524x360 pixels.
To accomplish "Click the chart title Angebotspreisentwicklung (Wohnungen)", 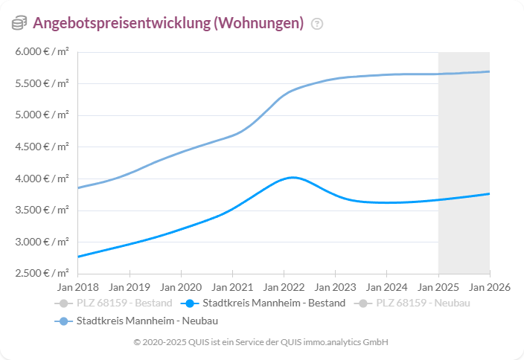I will (x=168, y=23).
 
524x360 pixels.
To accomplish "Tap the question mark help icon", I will (x=317, y=24).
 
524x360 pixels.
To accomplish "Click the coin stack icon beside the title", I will (x=19, y=24).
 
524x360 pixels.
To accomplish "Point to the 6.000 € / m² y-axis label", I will (x=42, y=51).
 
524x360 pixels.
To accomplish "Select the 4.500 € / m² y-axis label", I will (x=42, y=147).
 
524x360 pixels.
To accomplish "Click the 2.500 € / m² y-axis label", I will (x=42, y=273).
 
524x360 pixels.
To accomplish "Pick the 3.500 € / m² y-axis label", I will (x=42, y=210).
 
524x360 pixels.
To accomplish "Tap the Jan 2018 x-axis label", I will (x=78, y=286).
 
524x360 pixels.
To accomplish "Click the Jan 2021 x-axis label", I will (x=232, y=286).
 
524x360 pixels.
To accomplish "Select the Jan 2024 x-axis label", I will (x=386, y=286).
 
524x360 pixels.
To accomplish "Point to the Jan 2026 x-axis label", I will (x=489, y=286).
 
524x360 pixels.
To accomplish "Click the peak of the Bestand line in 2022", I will (x=292, y=177).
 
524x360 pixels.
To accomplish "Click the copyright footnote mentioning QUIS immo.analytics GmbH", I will (x=261, y=342).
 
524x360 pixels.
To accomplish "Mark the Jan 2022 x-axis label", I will (x=284, y=286).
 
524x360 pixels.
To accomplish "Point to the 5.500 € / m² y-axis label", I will (x=42, y=83).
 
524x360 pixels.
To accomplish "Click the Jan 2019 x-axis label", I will (x=130, y=286).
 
